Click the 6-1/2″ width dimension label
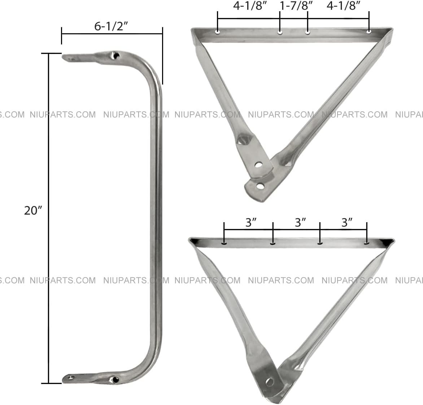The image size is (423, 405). [x=112, y=26]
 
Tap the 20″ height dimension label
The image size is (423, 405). [x=33, y=211]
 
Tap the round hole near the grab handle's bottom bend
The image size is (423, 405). [x=115, y=379]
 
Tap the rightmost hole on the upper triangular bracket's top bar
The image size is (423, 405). [x=369, y=32]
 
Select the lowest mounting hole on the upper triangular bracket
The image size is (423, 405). [x=259, y=186]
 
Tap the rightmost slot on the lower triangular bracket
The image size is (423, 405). [x=367, y=243]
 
